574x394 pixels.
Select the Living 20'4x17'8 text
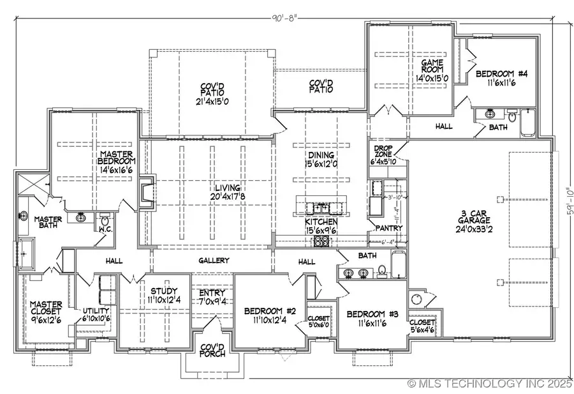pos(228,193)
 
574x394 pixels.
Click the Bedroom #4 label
pos(497,78)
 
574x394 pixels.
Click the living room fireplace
pos(147,192)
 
